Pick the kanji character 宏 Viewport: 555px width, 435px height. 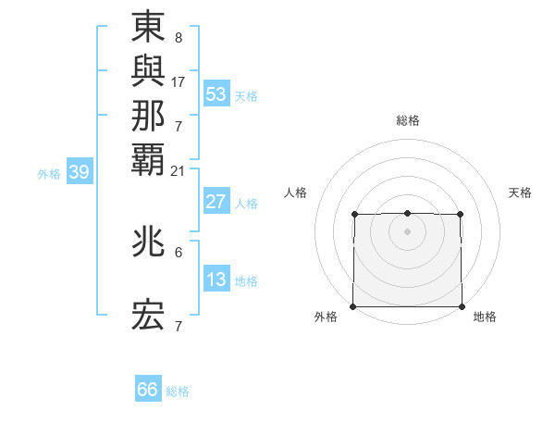pos(148,316)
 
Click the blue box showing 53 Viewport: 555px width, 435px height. pos(216,94)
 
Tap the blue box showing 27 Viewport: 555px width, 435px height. pos(216,202)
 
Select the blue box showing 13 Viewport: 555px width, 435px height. pos(216,280)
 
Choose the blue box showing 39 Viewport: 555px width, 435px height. pos(80,171)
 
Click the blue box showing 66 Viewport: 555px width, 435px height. pos(148,390)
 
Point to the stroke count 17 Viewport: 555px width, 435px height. pos(179,81)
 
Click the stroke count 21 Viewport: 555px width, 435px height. pos(179,169)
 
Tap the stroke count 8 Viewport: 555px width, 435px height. pos(178,39)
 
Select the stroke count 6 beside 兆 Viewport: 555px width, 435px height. pos(178,252)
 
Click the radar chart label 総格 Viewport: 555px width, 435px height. pos(408,120)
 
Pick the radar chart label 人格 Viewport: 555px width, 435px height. pos(295,193)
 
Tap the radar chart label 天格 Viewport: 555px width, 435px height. pos(521,193)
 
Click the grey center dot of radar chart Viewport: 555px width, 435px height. pos(408,230)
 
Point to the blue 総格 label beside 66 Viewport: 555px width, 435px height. pos(178,391)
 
